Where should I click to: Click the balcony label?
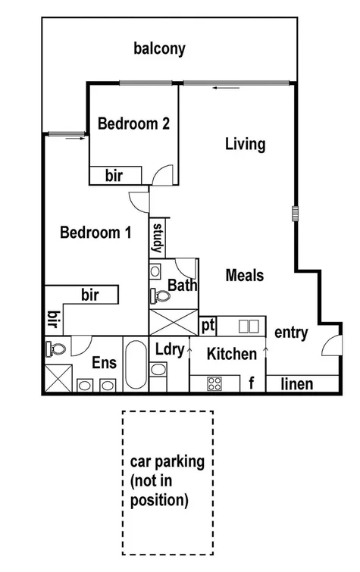(159, 50)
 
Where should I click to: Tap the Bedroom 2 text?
(133, 124)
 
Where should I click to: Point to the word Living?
(246, 144)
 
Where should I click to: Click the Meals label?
(245, 276)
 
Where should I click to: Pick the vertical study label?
(159, 237)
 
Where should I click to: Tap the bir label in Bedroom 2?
(114, 176)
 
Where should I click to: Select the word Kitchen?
(231, 353)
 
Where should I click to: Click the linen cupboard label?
(296, 384)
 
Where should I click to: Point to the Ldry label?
(167, 349)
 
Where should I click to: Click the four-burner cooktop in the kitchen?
(214, 383)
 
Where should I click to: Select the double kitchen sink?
(249, 327)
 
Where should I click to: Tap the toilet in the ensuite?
(55, 349)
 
